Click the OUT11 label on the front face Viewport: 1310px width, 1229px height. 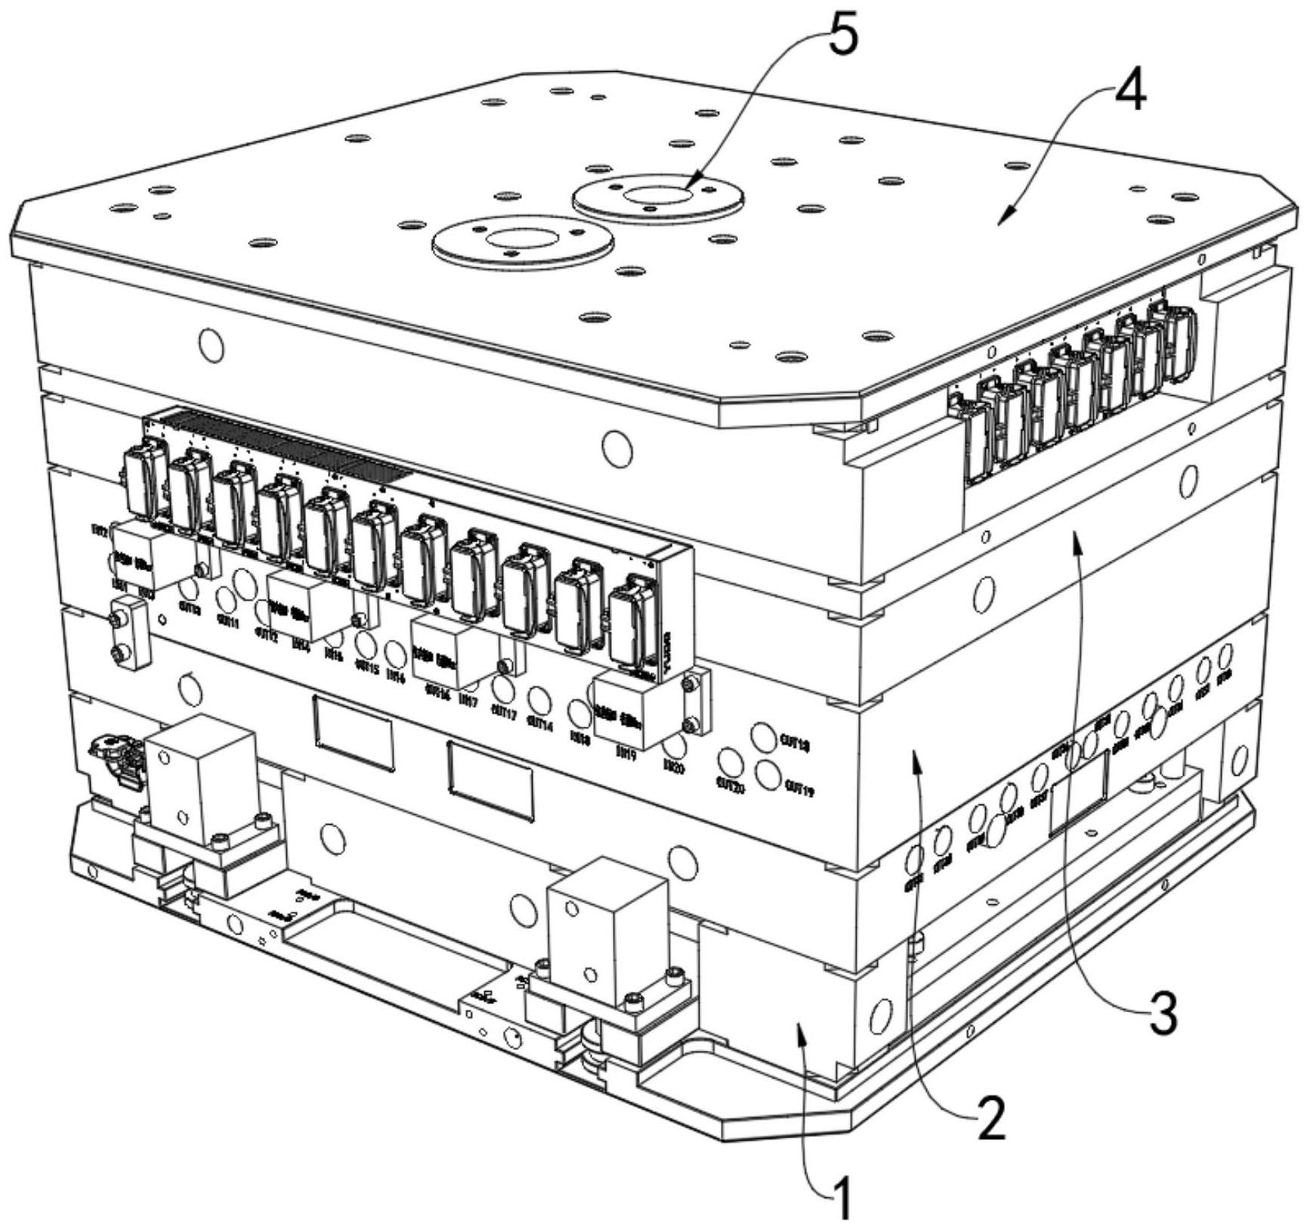tap(227, 624)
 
